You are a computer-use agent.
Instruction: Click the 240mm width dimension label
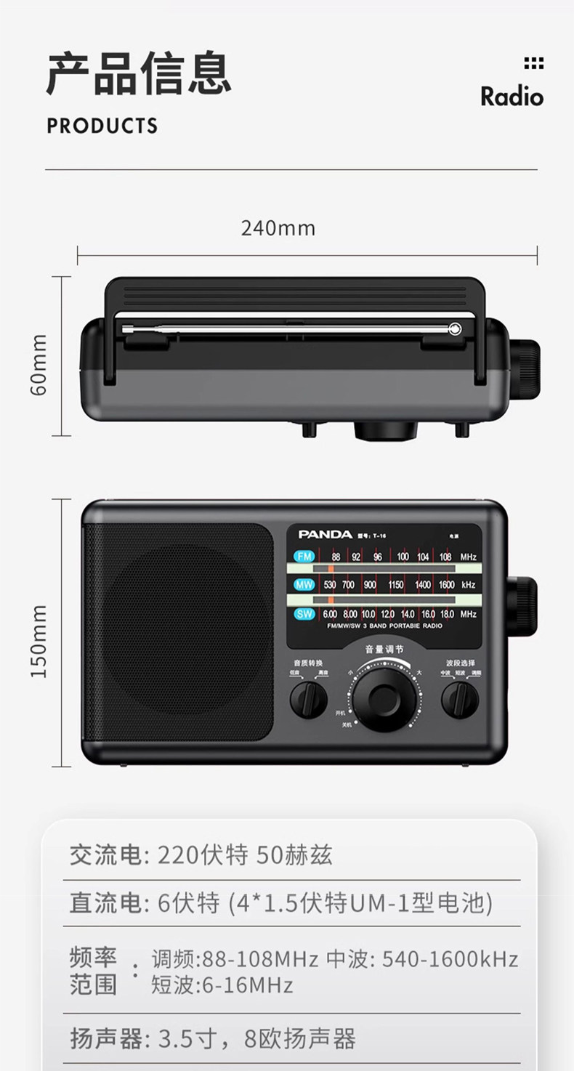click(278, 228)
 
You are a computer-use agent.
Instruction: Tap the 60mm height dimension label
click(39, 365)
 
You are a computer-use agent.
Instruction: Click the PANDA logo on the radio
click(325, 534)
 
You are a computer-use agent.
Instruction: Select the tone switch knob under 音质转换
click(309, 700)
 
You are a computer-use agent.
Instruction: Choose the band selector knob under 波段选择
click(460, 700)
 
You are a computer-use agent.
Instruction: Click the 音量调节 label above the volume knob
click(384, 650)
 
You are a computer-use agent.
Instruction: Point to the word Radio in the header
click(512, 97)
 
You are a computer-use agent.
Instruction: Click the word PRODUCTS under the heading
click(102, 126)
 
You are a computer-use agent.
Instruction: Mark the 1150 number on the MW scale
click(395, 584)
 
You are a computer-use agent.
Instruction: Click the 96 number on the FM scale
click(378, 557)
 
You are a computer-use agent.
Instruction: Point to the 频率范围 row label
click(93, 971)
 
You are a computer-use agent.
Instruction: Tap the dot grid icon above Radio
click(533, 63)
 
